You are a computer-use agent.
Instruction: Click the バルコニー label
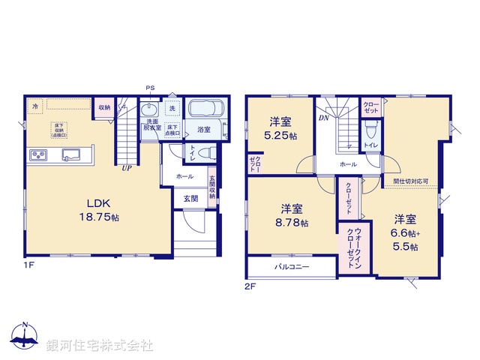point(291,267)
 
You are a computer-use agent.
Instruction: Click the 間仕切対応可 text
point(410,181)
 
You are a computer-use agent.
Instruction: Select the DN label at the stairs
point(323,118)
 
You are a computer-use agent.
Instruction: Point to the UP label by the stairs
point(128,168)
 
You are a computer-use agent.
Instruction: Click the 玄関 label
point(190,198)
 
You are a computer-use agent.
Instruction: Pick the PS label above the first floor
point(150,89)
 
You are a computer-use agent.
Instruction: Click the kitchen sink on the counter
point(73,155)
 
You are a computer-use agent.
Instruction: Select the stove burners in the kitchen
point(38,155)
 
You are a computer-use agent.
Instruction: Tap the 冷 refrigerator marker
point(35,107)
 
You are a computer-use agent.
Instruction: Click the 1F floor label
point(28,264)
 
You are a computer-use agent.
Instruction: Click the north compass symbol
point(25,338)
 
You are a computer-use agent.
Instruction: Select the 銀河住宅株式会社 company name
point(100,346)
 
